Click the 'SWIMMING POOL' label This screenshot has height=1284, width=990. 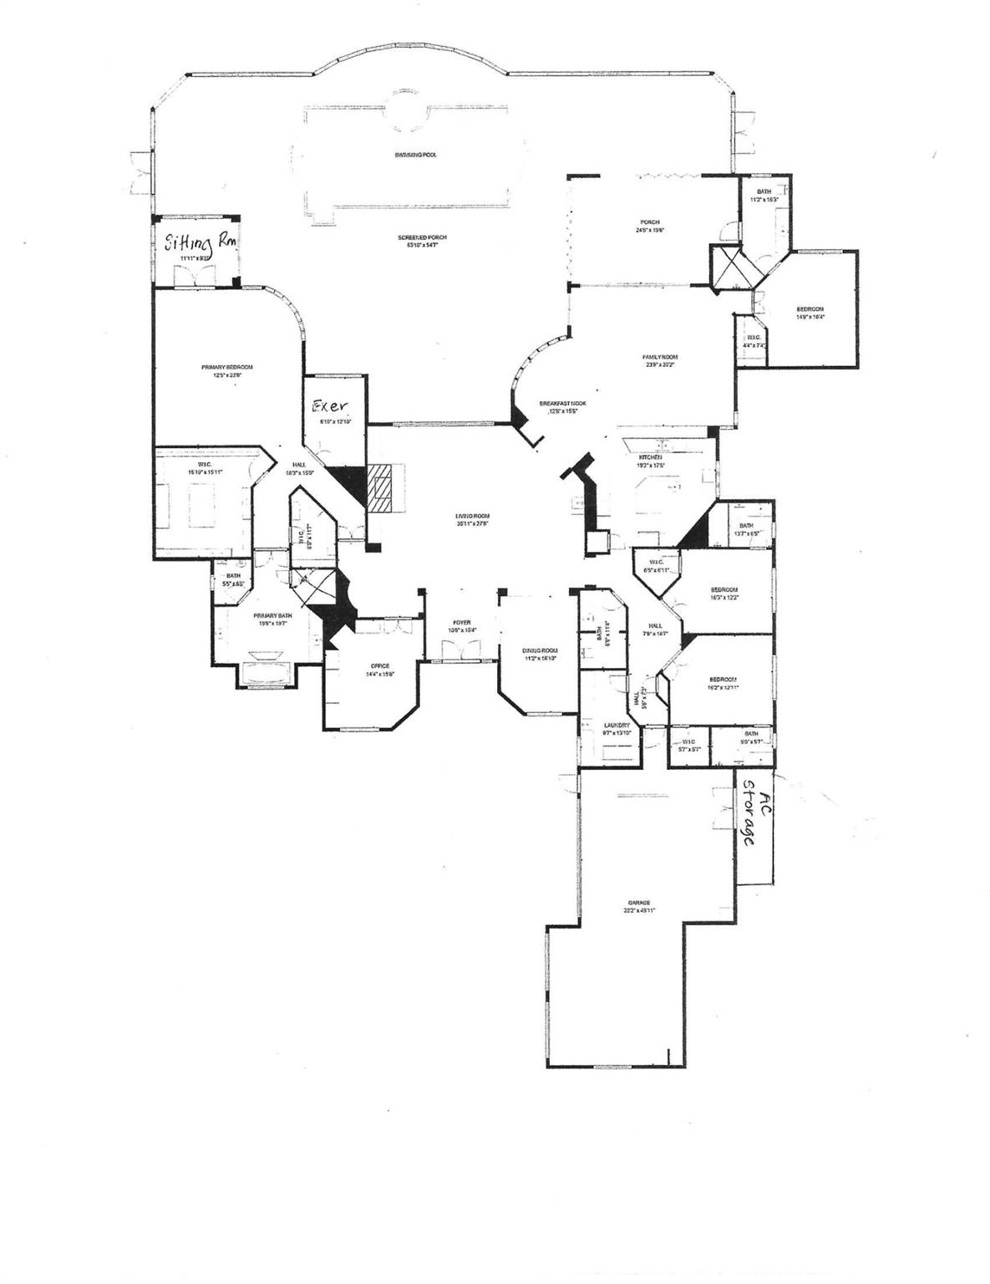pos(416,155)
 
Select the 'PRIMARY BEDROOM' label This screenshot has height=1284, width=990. pos(226,367)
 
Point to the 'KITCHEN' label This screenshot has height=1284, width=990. pos(651,457)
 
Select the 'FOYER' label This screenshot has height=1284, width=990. pos(462,623)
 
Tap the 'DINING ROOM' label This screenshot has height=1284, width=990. pos(540,650)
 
